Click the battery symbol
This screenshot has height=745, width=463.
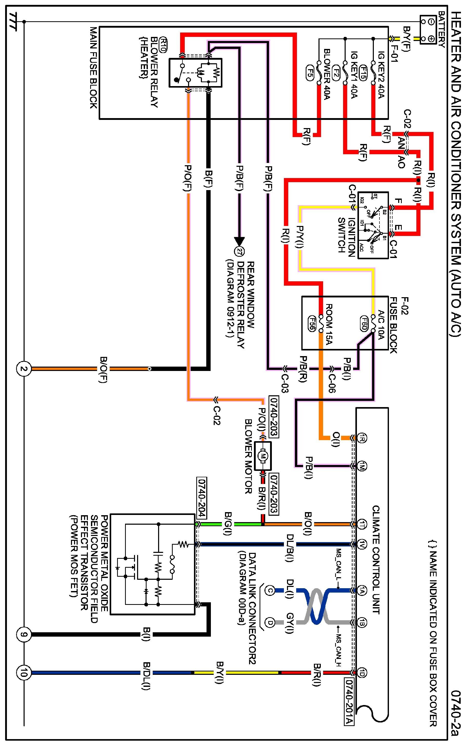[428, 30]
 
